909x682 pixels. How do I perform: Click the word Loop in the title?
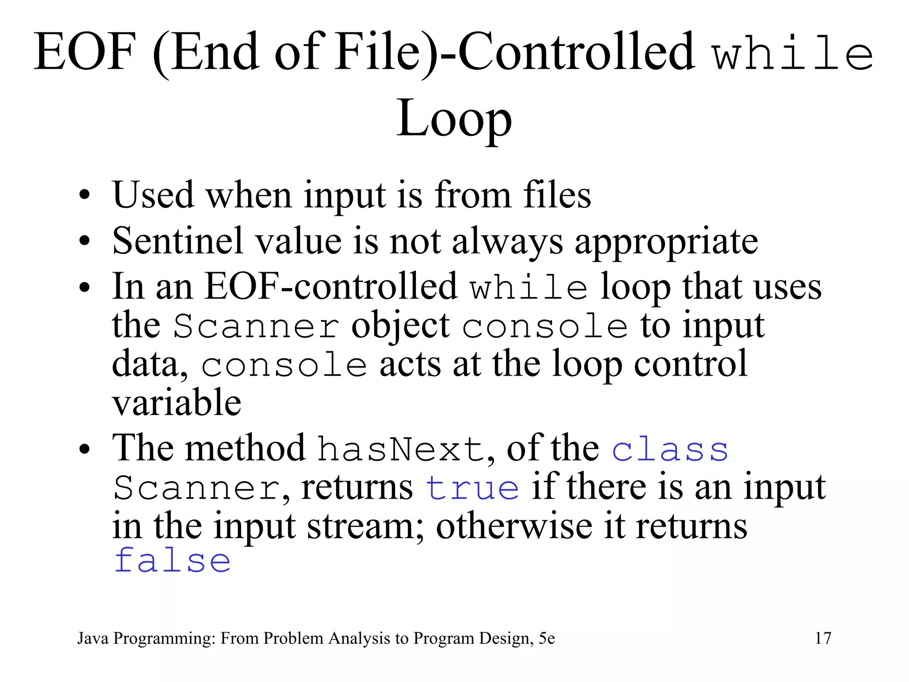454,119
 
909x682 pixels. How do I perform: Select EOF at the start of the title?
84,52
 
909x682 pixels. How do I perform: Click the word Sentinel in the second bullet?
178,241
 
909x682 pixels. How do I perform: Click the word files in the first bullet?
557,195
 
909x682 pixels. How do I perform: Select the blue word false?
172,561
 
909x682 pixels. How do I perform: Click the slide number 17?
823,638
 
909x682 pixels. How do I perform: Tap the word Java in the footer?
93,638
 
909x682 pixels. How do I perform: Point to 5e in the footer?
547,638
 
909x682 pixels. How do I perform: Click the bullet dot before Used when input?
84,195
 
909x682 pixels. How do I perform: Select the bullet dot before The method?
84,449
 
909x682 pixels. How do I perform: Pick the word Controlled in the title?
575,52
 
